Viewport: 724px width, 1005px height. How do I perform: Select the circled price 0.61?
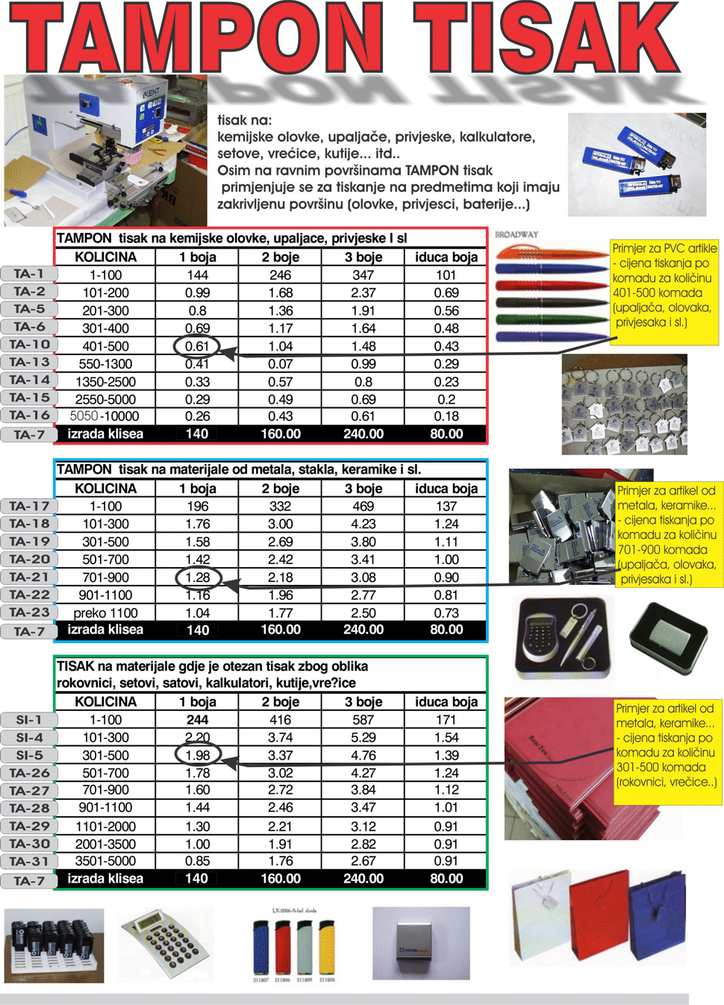[197, 346]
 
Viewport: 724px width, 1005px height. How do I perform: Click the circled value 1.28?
[198, 577]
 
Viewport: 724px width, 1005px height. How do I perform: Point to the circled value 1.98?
[198, 755]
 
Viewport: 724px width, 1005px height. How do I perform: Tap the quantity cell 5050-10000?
[104, 416]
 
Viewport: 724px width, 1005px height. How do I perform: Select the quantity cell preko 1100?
[105, 613]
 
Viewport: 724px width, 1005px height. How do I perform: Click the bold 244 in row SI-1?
[197, 720]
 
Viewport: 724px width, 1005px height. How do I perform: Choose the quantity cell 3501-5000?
[105, 861]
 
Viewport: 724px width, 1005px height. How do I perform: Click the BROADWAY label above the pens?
[517, 234]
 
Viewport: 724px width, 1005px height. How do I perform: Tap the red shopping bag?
[599, 921]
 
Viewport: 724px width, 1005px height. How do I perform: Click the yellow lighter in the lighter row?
[328, 948]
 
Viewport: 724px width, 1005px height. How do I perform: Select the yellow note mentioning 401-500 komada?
[664, 286]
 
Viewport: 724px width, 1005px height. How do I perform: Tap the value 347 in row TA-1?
[363, 275]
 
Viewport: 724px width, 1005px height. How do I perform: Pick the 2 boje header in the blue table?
[280, 489]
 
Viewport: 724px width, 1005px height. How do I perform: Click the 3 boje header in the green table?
[363, 702]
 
